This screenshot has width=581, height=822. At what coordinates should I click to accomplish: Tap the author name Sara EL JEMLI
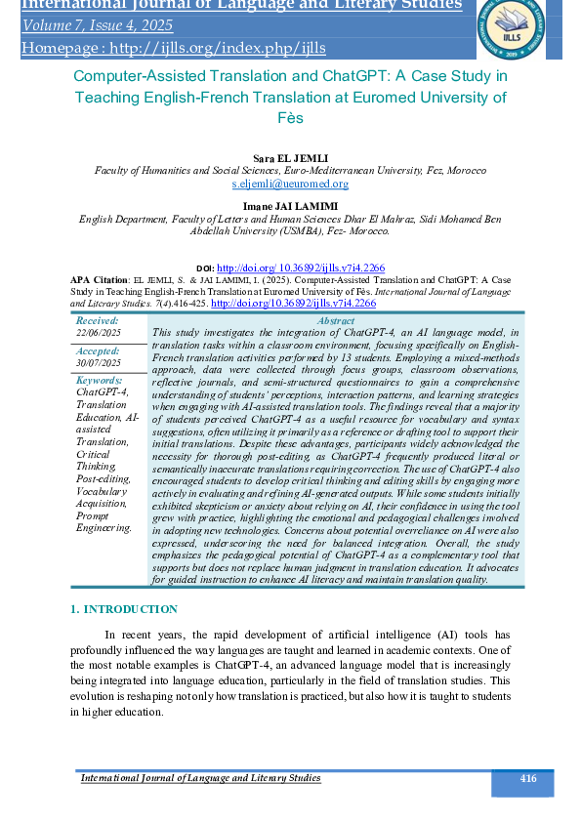coord(290,156)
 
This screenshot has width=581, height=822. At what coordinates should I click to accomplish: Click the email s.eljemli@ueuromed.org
coord(290,183)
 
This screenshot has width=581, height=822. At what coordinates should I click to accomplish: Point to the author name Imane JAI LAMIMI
coord(290,206)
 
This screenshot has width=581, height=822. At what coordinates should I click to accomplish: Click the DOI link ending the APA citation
coord(293,304)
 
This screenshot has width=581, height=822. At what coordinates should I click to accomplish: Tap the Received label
coord(97,320)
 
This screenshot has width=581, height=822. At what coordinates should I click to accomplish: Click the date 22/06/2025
coord(99,333)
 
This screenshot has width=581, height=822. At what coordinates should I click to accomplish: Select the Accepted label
coord(98,349)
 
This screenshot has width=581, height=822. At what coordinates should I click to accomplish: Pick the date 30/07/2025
coord(99,362)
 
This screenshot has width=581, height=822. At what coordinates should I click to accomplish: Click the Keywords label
coord(99,380)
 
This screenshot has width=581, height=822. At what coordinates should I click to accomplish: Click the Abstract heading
coord(336,320)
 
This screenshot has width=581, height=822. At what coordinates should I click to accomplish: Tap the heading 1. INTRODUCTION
coord(124,609)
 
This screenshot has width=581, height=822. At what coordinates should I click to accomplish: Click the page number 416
coord(528,778)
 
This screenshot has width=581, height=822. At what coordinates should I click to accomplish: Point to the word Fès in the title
coord(290,118)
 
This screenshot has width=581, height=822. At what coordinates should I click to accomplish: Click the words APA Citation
coord(99,278)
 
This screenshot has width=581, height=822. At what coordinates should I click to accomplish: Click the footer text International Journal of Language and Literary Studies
coord(200,778)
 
